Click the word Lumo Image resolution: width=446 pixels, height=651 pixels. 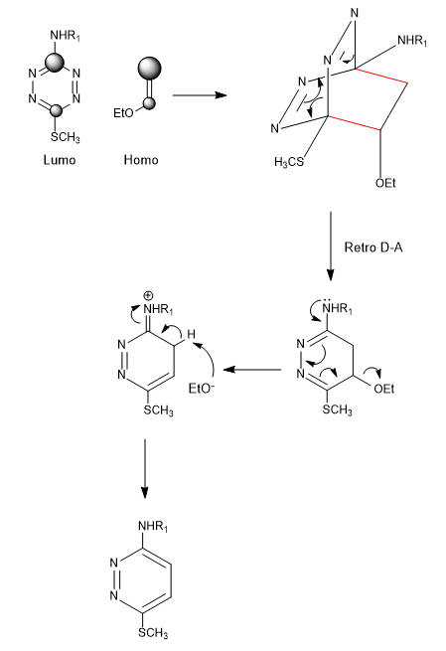(x=60, y=160)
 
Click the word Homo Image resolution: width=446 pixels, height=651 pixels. (x=141, y=160)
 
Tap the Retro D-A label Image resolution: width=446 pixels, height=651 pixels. (x=372, y=247)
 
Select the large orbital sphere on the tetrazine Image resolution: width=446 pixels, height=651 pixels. (x=55, y=63)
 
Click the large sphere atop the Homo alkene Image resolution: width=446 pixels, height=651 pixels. (x=149, y=69)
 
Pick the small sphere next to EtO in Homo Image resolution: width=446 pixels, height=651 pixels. (x=150, y=103)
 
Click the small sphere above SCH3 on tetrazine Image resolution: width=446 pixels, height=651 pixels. (x=56, y=111)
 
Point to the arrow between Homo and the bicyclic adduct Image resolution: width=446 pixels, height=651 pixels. (x=200, y=95)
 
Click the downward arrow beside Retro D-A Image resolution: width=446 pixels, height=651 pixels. (x=330, y=245)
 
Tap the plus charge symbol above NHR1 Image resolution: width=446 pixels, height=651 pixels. (x=148, y=296)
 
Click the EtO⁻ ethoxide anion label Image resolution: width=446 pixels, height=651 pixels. (x=202, y=389)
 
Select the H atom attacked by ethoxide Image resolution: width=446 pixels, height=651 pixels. (x=191, y=334)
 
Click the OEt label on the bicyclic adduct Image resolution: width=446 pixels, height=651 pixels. (x=385, y=183)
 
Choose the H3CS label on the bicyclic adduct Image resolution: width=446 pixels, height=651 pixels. (x=289, y=161)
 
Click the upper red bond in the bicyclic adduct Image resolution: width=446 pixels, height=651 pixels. (x=380, y=76)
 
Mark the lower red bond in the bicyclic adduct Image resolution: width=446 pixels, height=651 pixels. (x=354, y=123)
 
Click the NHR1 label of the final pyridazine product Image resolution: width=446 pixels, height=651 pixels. (x=153, y=527)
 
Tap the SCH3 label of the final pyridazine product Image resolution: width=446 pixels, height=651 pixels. (x=153, y=633)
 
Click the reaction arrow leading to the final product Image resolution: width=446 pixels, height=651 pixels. (x=144, y=468)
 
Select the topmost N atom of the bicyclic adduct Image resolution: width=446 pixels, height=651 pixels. (x=354, y=13)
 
